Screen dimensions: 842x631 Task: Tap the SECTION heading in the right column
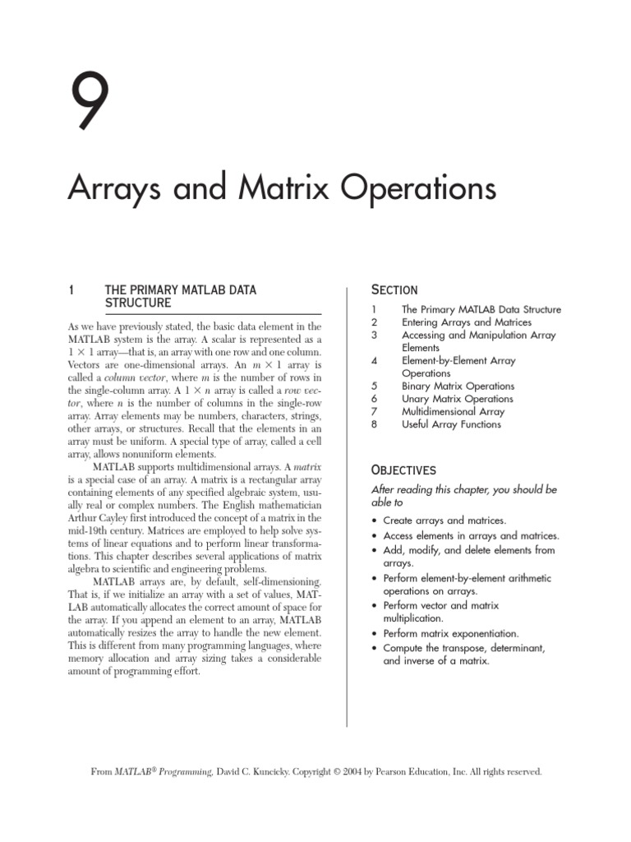(x=394, y=289)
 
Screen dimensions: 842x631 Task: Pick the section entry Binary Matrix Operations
(x=458, y=386)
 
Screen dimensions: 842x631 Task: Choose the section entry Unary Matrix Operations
(x=457, y=399)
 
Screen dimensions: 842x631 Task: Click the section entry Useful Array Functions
(x=451, y=424)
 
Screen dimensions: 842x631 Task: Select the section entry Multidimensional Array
(x=453, y=411)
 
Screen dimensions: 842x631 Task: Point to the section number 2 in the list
(x=374, y=322)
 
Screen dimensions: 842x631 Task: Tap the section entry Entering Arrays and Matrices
(x=467, y=322)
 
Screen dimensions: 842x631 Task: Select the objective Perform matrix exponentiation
(x=451, y=634)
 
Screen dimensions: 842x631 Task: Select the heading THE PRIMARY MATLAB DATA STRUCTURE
(x=180, y=296)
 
